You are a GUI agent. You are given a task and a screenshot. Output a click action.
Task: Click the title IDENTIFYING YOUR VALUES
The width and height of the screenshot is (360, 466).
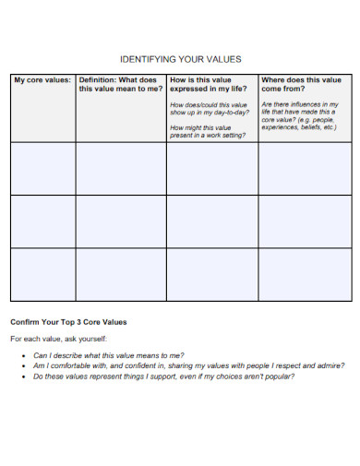click(181, 59)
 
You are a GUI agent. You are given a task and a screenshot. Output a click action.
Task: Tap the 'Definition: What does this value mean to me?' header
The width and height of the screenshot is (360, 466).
click(120, 85)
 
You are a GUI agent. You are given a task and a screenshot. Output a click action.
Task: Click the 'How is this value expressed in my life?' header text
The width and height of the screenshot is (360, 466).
click(210, 85)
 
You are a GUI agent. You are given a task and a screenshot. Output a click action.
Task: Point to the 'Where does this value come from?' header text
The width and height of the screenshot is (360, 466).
click(301, 85)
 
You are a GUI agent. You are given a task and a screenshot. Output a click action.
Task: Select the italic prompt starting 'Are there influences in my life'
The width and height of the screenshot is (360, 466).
click(300, 116)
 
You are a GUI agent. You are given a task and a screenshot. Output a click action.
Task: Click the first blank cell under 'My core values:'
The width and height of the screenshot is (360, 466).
click(42, 169)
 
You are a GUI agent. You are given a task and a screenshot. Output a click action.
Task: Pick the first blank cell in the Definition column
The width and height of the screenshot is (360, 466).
click(121, 169)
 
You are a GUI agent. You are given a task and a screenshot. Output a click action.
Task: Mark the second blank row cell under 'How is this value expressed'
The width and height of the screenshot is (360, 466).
click(212, 221)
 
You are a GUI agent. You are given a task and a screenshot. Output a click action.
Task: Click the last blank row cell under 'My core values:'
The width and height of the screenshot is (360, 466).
click(42, 274)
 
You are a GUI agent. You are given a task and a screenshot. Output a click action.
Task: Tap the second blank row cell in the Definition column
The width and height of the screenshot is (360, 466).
click(121, 221)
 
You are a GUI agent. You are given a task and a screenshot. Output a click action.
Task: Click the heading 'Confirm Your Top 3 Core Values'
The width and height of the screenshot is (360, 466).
click(68, 322)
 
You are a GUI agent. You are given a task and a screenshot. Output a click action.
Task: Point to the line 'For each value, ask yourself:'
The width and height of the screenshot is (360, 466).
click(57, 339)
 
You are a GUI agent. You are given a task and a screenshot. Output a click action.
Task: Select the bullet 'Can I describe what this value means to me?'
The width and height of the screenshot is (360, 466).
click(108, 354)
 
